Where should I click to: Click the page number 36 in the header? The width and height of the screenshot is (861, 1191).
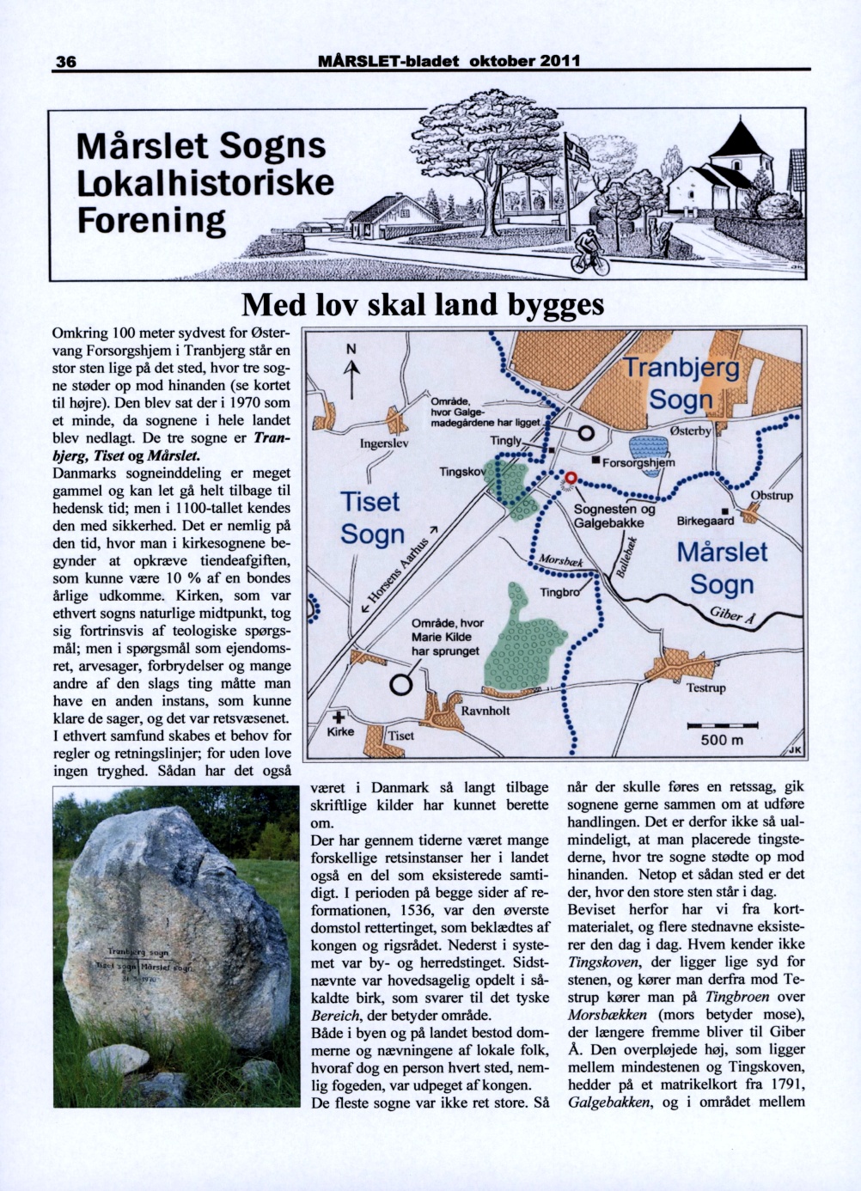(x=66, y=61)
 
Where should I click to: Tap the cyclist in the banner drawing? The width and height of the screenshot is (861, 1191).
(x=589, y=250)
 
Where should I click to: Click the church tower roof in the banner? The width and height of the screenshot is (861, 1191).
(x=736, y=138)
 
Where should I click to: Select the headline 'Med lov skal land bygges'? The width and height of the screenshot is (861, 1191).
(x=423, y=305)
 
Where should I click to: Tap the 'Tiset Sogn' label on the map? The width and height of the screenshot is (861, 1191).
(x=371, y=517)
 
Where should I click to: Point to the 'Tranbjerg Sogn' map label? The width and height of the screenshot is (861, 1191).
(x=681, y=383)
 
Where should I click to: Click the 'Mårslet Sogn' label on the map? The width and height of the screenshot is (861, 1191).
(x=722, y=567)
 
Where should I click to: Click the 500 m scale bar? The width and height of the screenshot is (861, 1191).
(x=722, y=727)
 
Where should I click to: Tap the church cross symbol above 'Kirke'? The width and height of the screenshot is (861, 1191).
(x=339, y=717)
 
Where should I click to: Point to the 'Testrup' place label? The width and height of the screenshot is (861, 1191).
(x=705, y=687)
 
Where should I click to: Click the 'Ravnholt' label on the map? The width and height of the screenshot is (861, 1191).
(x=485, y=711)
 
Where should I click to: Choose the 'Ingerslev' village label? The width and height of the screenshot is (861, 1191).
(x=384, y=444)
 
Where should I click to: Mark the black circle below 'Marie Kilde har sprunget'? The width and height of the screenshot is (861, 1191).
(x=400, y=685)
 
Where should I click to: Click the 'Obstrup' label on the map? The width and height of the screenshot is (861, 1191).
(x=772, y=496)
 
